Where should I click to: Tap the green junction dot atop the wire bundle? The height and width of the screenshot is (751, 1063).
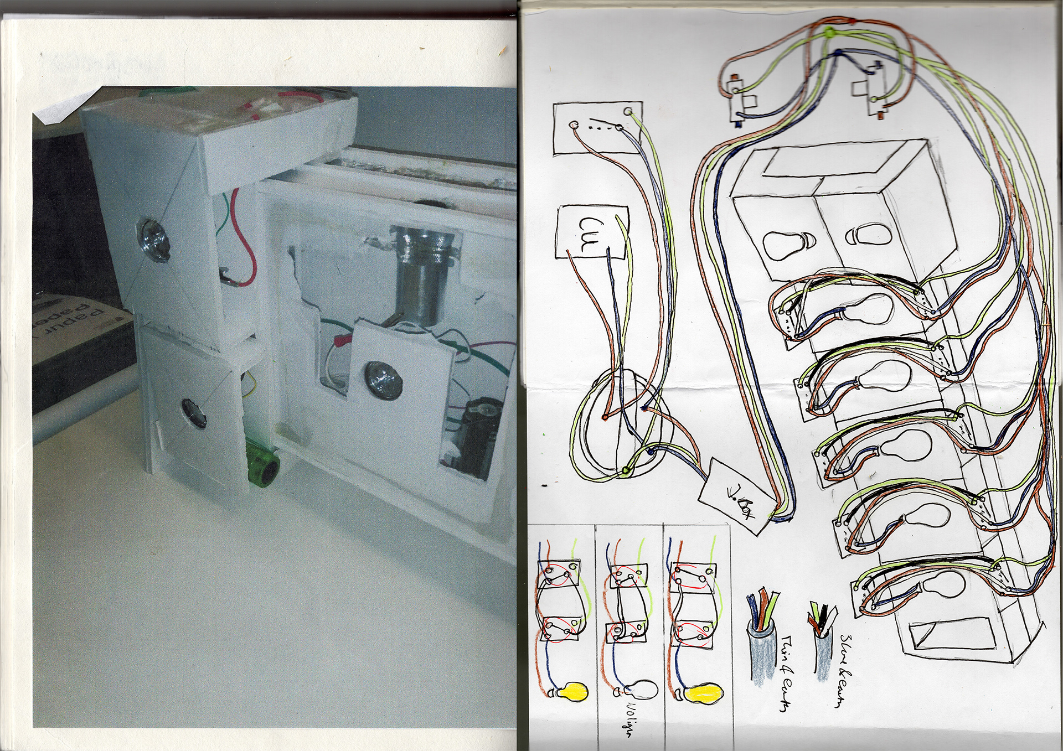point(829,33)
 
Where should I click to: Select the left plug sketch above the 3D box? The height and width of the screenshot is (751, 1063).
point(740,100)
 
